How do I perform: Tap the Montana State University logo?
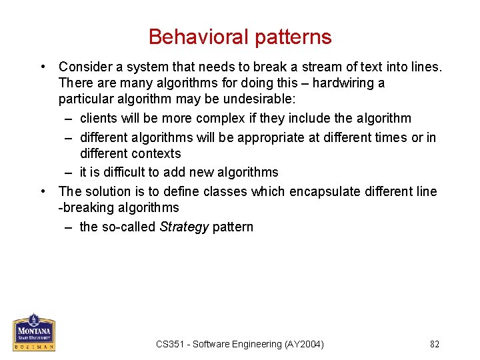pyautogui.click(x=34, y=332)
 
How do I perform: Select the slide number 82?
pyautogui.click(x=435, y=344)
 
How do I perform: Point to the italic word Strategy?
pyautogui.click(x=185, y=227)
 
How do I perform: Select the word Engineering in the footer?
pyautogui.click(x=253, y=344)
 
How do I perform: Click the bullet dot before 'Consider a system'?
pyautogui.click(x=43, y=67)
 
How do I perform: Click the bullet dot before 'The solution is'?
pyautogui.click(x=43, y=192)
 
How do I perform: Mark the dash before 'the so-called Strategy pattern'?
pyautogui.click(x=69, y=227)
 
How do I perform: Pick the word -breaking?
pyautogui.click(x=85, y=207)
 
